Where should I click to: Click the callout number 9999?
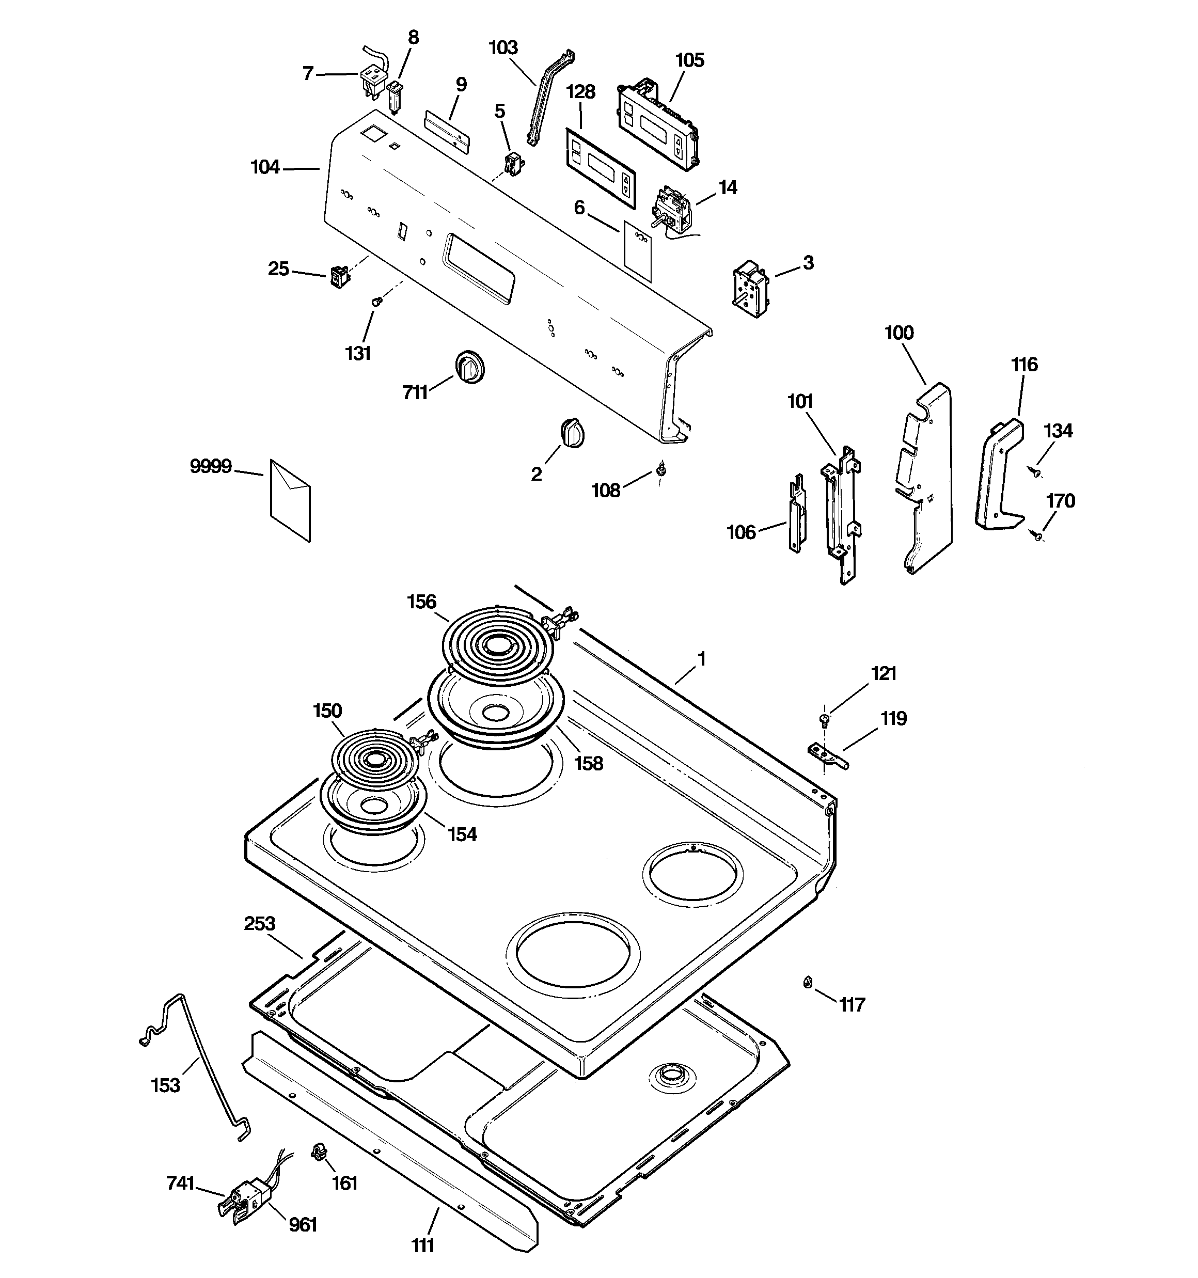tap(210, 466)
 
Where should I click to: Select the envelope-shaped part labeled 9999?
tap(290, 500)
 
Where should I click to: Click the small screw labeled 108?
tap(660, 470)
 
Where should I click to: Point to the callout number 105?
tap(690, 60)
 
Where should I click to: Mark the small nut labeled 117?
tap(808, 982)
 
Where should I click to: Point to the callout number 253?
tap(260, 924)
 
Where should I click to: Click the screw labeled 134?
tap(1035, 472)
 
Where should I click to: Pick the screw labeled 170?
tap(1036, 533)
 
